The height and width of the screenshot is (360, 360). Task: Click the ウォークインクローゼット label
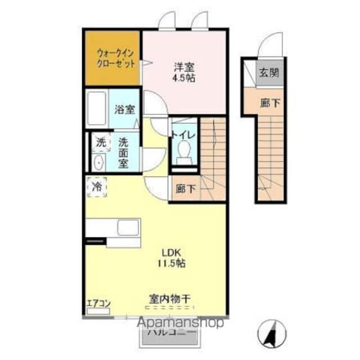(x=116, y=58)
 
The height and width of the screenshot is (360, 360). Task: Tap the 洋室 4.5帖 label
(x=184, y=72)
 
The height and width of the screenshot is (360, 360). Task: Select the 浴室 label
(x=124, y=109)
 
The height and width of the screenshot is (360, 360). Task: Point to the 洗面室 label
(x=124, y=151)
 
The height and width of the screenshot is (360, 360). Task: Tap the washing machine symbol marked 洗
(x=101, y=142)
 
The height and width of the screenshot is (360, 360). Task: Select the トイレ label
(x=183, y=134)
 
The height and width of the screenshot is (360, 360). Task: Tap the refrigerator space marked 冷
(x=97, y=186)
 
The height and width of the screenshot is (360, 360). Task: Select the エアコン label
(x=98, y=304)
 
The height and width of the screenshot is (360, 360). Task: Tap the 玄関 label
(x=268, y=73)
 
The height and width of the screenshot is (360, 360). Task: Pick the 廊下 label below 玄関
(x=268, y=102)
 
